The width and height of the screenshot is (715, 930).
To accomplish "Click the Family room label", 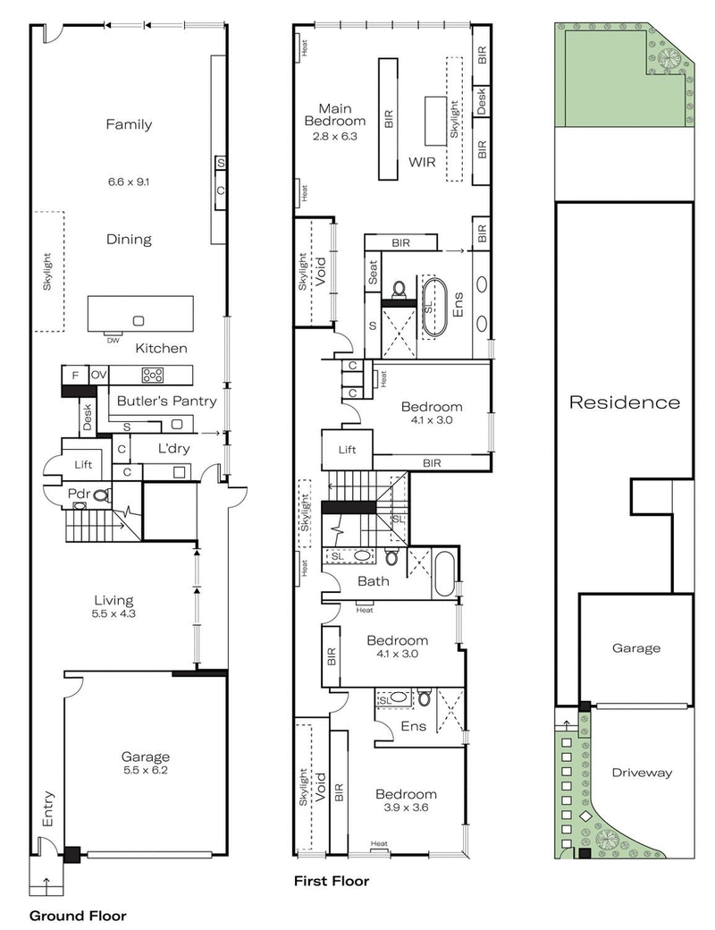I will click(129, 124).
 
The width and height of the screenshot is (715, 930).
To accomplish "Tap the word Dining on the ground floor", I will click(129, 240).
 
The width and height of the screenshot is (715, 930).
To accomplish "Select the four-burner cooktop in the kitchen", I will click(153, 375).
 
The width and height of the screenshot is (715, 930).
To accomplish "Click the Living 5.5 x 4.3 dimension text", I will click(114, 614).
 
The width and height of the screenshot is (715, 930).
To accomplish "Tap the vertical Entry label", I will click(47, 809).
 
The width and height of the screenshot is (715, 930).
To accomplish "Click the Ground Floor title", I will click(78, 916).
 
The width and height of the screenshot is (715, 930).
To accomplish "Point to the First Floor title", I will click(332, 881).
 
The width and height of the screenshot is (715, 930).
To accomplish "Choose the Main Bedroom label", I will click(335, 114).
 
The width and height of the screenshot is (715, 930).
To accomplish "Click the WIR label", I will click(422, 163).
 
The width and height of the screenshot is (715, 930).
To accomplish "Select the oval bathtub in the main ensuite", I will click(434, 307).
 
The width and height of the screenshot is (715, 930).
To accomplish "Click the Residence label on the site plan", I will click(625, 402).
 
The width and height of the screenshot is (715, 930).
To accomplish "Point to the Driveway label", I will click(643, 773).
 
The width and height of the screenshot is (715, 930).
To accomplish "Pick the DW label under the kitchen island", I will click(111, 340).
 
